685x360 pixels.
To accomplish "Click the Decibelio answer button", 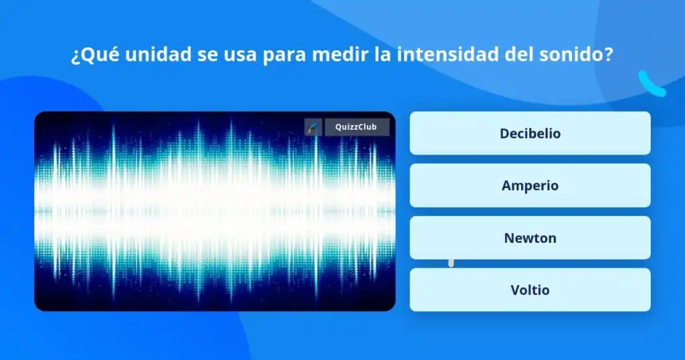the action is tap(530, 133).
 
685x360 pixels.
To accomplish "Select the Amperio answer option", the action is tap(530, 185).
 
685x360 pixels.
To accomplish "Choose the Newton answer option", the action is tap(530, 238).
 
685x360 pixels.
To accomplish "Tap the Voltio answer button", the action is tap(530, 290).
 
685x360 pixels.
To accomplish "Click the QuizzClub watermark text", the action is tap(356, 127).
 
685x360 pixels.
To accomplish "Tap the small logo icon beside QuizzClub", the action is tap(313, 127).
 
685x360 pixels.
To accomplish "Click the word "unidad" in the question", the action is tap(158, 55).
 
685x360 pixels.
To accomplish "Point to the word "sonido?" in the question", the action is tap(576, 55).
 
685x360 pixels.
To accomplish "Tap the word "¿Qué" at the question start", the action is tap(95, 56).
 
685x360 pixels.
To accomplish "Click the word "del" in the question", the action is tap(519, 55).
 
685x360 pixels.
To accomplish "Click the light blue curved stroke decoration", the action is tap(651, 84).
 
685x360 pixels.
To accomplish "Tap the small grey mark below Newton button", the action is tap(451, 263).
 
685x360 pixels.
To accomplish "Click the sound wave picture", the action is tap(215, 211).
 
